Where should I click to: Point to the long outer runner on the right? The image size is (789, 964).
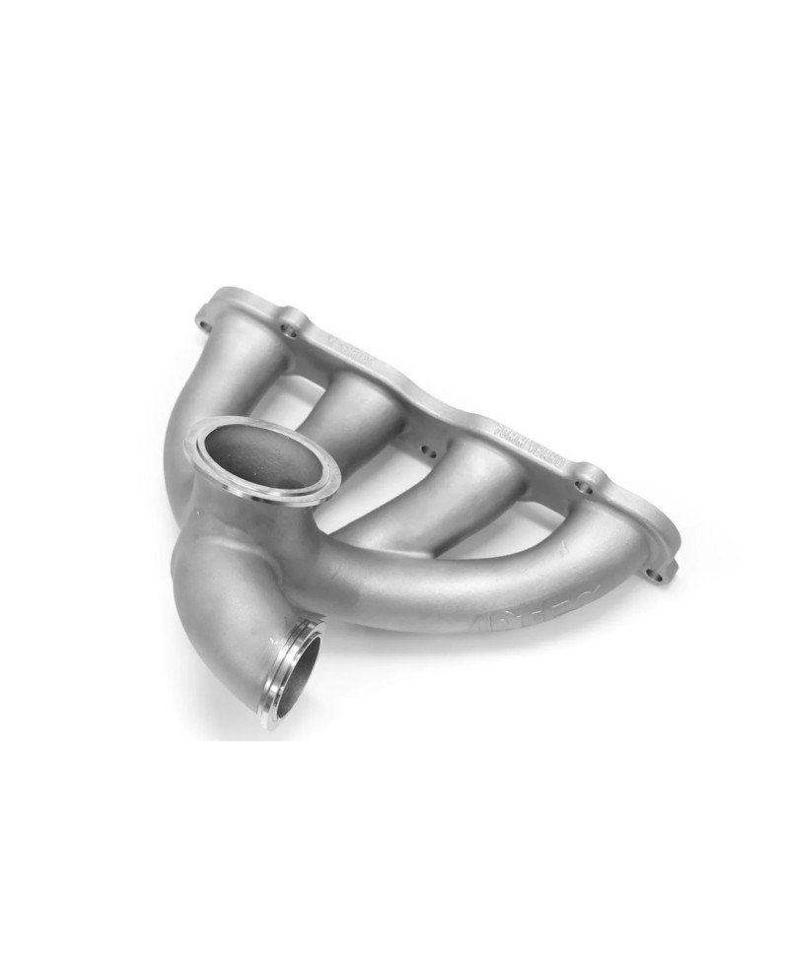[513, 582]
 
